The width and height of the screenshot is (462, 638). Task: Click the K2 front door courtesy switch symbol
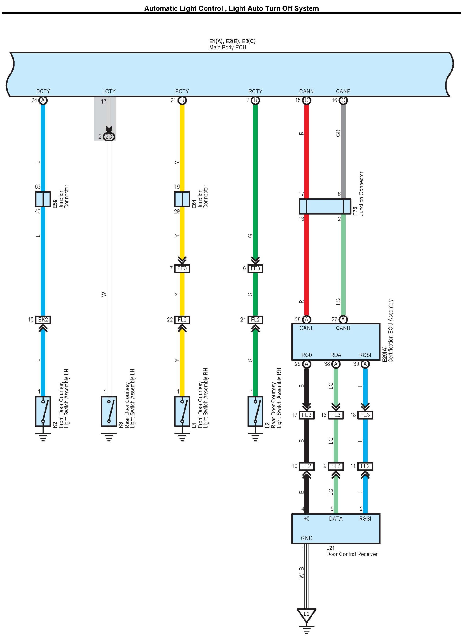tap(43, 411)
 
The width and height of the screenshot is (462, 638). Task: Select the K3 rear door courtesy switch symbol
tap(109, 411)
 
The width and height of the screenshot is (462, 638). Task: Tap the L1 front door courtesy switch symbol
tap(182, 411)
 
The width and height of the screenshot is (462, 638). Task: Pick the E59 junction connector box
tap(43, 199)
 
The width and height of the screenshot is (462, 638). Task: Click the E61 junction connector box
tap(182, 199)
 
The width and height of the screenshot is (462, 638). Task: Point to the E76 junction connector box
tap(325, 206)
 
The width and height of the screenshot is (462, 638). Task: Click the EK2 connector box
tap(43, 320)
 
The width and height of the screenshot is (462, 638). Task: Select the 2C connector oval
tap(109, 137)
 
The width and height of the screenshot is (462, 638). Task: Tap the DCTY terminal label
tap(43, 91)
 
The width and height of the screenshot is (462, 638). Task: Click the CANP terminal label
tap(343, 91)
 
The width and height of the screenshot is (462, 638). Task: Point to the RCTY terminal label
tap(255, 91)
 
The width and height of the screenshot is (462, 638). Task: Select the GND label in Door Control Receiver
tap(307, 538)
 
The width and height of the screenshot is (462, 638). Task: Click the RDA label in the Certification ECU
tap(336, 355)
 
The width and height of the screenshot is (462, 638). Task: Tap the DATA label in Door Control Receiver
tap(336, 518)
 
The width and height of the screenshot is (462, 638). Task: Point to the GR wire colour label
tap(338, 133)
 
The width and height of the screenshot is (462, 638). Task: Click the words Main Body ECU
tap(228, 48)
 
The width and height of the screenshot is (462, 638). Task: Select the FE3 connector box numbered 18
tap(365, 415)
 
